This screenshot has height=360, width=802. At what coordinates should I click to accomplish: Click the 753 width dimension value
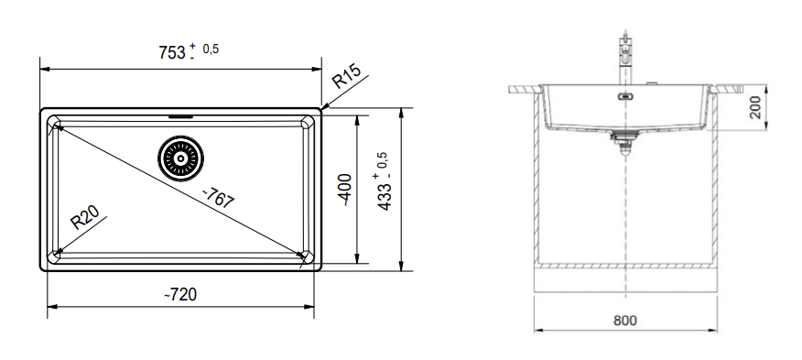click(x=172, y=52)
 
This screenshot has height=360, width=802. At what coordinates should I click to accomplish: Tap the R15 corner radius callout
click(x=346, y=76)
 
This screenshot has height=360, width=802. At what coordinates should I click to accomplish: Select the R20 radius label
click(x=84, y=217)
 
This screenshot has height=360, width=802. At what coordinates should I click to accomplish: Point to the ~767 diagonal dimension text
click(x=219, y=197)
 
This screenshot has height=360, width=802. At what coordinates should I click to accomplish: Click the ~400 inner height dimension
click(x=346, y=190)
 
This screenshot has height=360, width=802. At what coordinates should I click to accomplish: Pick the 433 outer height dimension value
click(x=385, y=194)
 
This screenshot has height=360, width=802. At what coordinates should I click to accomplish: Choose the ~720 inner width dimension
click(x=180, y=294)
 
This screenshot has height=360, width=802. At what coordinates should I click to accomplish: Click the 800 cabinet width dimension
click(x=625, y=321)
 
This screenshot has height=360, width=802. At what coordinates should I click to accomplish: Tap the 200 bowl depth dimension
click(x=755, y=108)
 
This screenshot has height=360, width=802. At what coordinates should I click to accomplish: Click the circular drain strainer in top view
click(x=180, y=158)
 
